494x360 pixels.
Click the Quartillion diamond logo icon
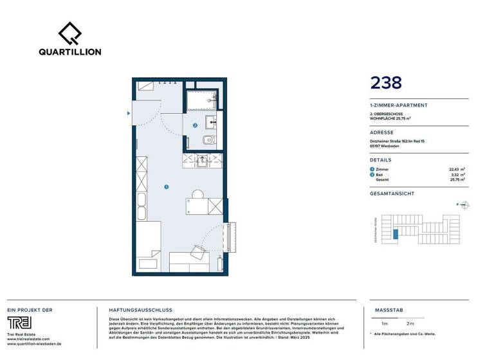pos(70,33)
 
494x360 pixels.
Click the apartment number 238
pos(386,82)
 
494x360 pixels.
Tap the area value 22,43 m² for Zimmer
pos(457,169)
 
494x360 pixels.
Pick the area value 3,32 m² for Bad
pos(459,174)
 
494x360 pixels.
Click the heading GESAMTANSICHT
pos(392,194)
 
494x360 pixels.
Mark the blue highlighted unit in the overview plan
pos(396,235)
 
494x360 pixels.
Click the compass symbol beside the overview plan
pos(466,206)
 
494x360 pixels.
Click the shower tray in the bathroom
pos(202,99)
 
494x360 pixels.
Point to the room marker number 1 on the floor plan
pos(166,187)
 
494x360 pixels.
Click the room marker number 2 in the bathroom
pos(195,125)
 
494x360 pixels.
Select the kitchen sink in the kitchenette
pos(203,160)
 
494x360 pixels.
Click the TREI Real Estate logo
pos(23,323)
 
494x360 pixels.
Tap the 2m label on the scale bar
pos(410,323)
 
